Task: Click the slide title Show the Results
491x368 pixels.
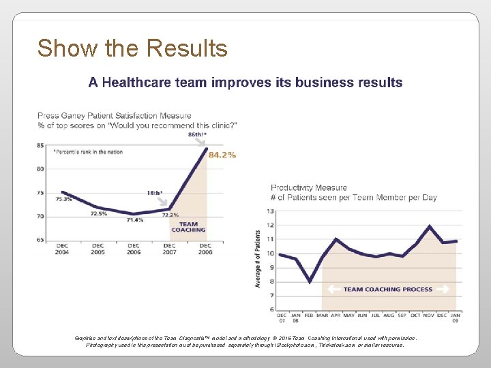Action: click(132, 48)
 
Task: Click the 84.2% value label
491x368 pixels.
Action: click(222, 155)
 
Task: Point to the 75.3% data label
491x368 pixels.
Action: click(63, 200)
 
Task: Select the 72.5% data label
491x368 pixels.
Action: click(99, 213)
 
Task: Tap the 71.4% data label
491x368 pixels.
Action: click(134, 220)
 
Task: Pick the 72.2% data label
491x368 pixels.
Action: click(170, 215)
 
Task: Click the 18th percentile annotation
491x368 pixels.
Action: click(155, 193)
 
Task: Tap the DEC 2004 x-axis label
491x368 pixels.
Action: click(62, 249)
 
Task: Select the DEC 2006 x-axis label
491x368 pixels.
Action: click(134, 249)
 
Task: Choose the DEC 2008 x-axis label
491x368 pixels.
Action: click(205, 249)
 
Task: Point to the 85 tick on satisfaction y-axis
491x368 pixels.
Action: click(41, 145)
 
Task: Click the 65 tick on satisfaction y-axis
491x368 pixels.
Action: click(41, 240)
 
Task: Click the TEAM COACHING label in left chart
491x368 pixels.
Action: click(188, 227)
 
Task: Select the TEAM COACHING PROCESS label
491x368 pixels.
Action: click(387, 289)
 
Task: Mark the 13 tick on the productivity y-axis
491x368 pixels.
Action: click(271, 211)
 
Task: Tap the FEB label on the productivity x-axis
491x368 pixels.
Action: click(310, 316)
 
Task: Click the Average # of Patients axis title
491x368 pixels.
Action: click(258, 258)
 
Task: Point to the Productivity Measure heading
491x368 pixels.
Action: click(309, 187)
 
